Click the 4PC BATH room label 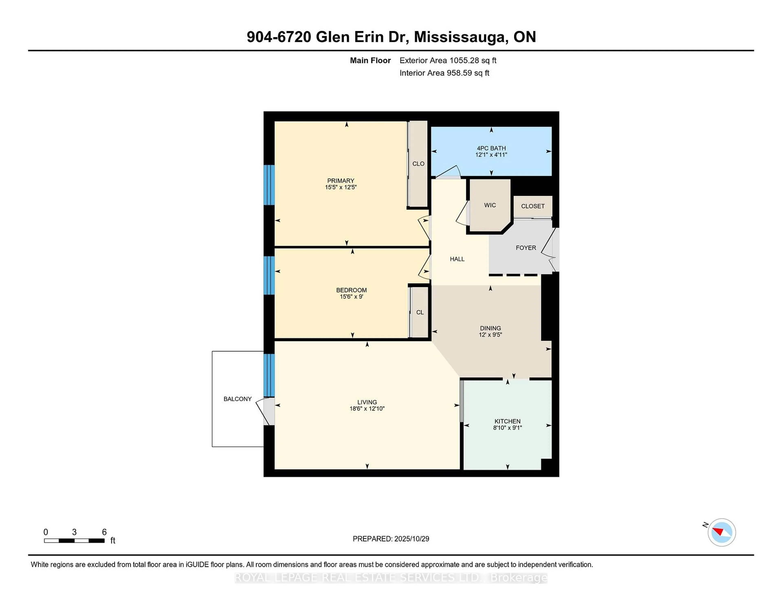pos(491,148)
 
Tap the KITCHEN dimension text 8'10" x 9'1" pos(507,428)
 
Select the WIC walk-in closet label pos(490,205)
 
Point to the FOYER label pos(526,248)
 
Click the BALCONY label pos(237,399)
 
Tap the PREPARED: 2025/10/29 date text pos(391,538)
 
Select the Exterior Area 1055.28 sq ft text pos(448,60)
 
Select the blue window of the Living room pos(269,375)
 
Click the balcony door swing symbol pos(265,411)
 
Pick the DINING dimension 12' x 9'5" pos(490,335)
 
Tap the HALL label pos(457,259)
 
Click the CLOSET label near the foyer pos(533,206)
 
